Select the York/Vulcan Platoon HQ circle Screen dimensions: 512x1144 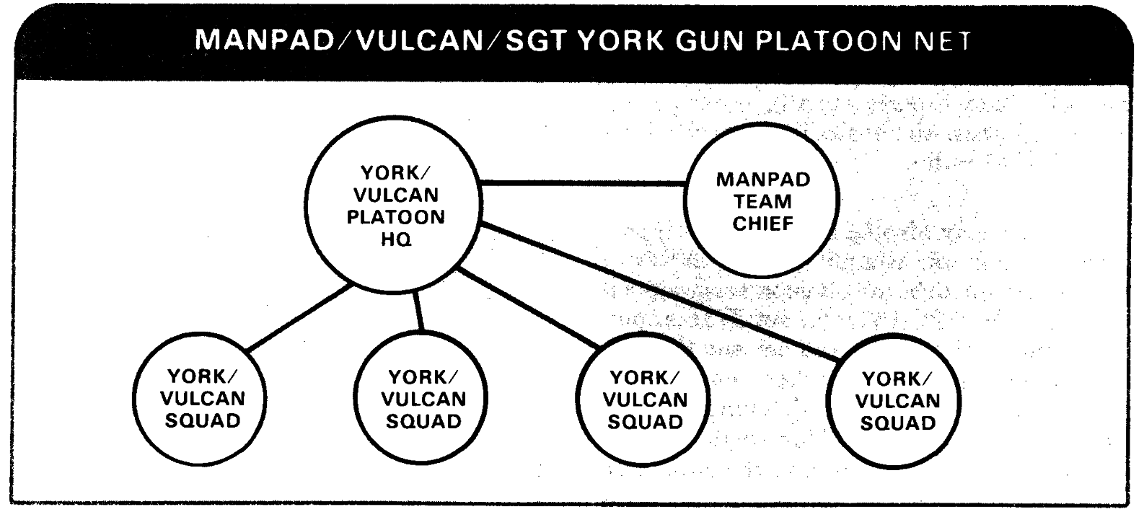tap(392, 206)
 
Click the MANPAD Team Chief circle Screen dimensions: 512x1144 tap(762, 201)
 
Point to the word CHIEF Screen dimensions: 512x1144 tap(762, 224)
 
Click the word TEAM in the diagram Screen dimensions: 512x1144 tap(762, 202)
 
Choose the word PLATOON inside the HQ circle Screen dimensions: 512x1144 tap(395, 217)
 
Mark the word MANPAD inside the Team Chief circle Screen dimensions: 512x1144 tap(762, 180)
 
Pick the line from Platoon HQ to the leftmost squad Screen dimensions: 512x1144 tap(299, 319)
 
